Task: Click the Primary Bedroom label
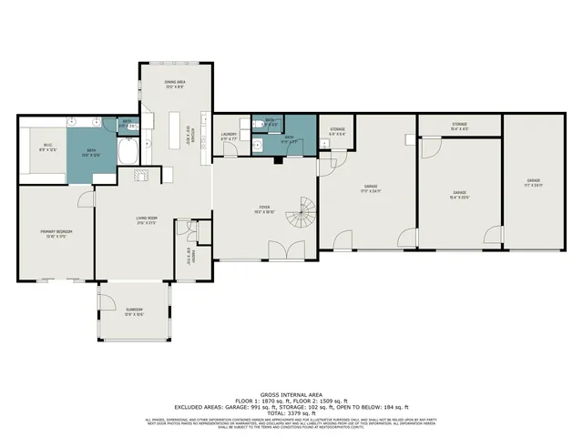[x=56, y=233]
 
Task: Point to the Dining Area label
[x=176, y=85]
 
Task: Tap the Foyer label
[x=264, y=208]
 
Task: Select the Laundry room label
[x=230, y=136]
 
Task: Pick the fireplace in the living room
[x=139, y=174]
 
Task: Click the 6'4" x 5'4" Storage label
[x=337, y=132]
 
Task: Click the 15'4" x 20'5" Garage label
[x=459, y=194]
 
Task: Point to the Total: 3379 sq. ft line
[x=291, y=412]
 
